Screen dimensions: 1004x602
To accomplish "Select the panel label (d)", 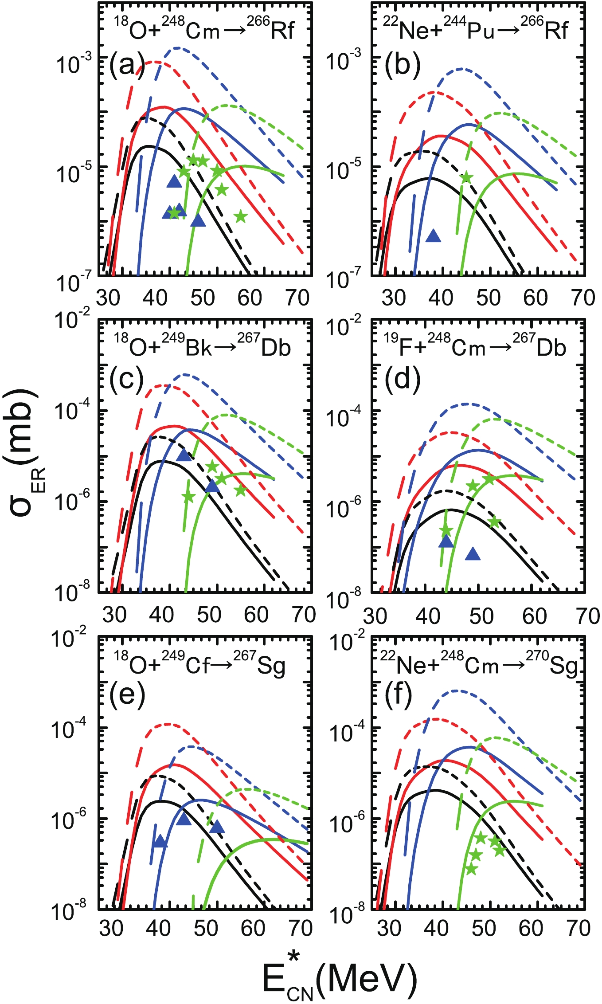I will click(402, 380).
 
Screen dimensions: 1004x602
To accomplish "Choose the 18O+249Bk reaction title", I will click(202, 345).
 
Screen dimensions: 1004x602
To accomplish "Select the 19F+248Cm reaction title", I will click(475, 345).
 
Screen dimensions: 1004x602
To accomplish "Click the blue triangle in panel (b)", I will click(433, 236).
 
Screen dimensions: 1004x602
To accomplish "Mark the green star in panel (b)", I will click(466, 178).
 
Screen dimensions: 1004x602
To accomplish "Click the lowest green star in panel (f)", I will click(471, 869).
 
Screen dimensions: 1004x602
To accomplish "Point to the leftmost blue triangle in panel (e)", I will click(160, 841).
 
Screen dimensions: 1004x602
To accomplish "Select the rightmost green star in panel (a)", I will click(240, 216).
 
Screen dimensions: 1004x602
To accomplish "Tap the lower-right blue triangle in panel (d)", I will click(473, 554).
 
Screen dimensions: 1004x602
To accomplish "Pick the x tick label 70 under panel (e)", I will click(301, 928).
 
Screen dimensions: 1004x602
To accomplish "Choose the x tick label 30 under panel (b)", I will click(394, 298).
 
